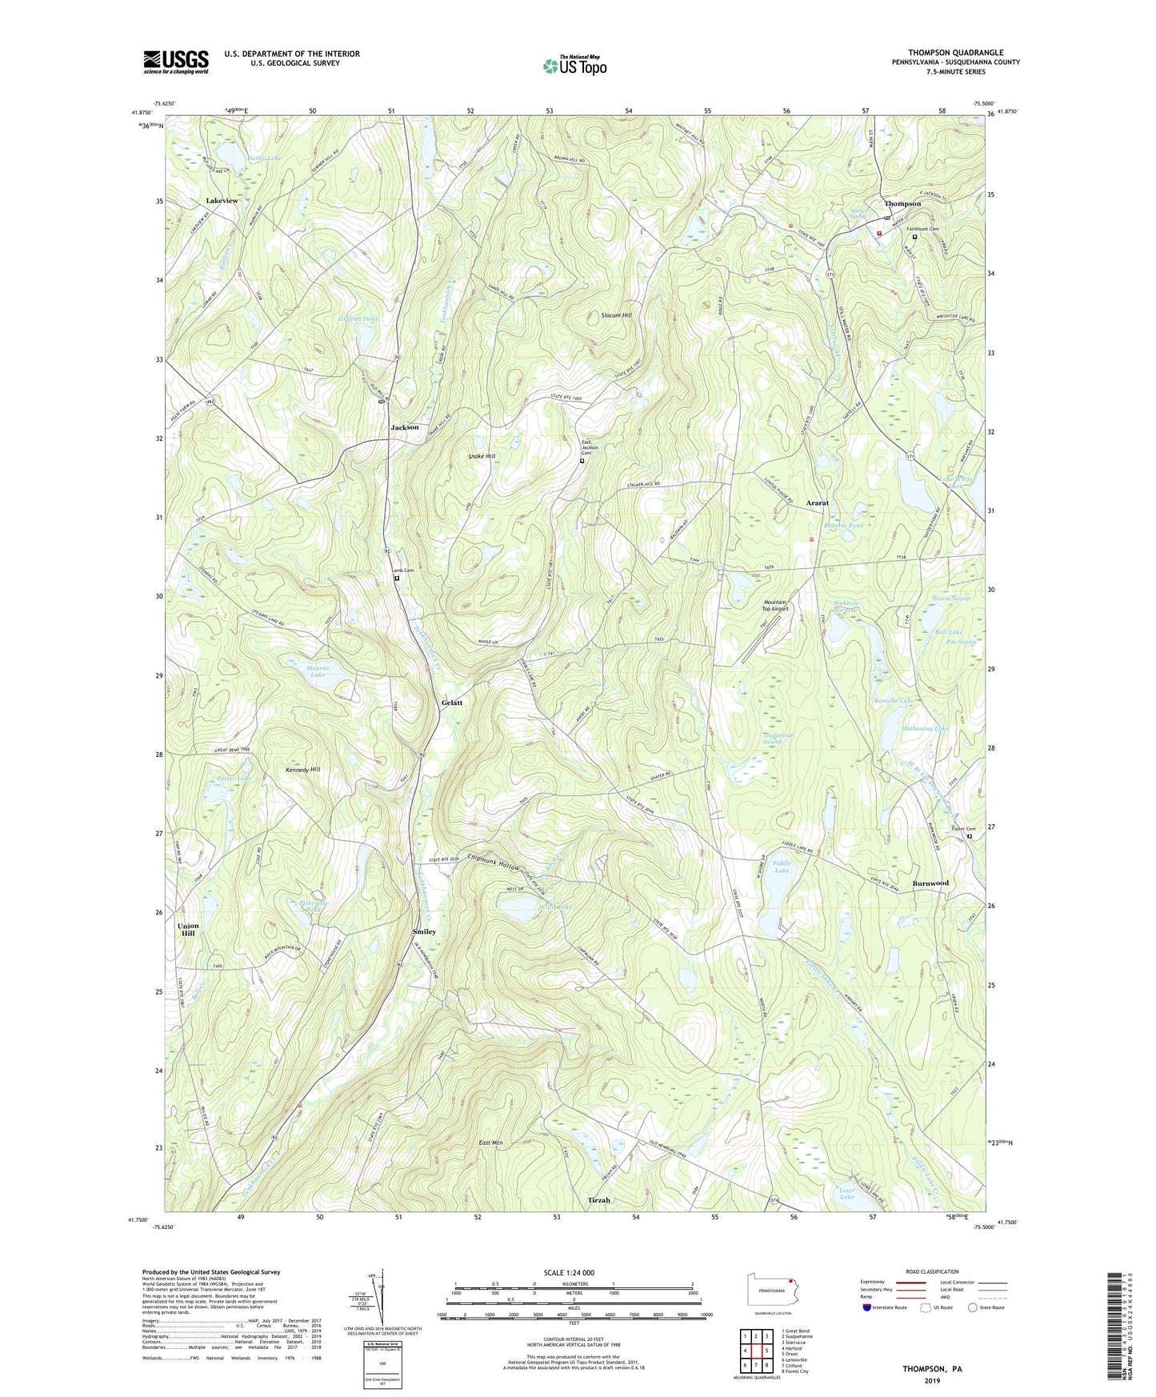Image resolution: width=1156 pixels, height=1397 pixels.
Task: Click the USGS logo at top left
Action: (x=176, y=61)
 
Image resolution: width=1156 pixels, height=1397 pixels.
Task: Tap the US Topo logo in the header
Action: (x=574, y=66)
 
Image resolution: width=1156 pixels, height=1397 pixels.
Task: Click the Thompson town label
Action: (x=902, y=203)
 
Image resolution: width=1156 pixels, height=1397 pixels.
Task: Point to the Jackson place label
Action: (x=405, y=427)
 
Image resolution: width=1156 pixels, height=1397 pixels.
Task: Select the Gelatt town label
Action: (x=452, y=703)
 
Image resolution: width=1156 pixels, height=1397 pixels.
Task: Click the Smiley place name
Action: (x=424, y=931)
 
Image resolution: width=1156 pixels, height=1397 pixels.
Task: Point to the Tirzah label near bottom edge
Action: (x=599, y=1200)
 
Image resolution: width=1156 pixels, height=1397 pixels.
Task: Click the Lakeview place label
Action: (x=222, y=200)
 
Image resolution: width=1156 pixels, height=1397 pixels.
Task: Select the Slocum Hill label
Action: (x=616, y=315)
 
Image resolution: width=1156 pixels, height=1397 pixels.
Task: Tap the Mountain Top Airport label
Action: (x=775, y=605)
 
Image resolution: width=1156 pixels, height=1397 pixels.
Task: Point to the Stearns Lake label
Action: (x=318, y=670)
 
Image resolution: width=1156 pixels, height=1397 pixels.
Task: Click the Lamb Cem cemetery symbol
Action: (x=396, y=578)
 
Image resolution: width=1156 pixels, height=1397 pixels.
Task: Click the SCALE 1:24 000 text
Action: (x=569, y=1272)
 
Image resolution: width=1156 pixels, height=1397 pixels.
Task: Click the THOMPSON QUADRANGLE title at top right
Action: (x=955, y=52)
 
